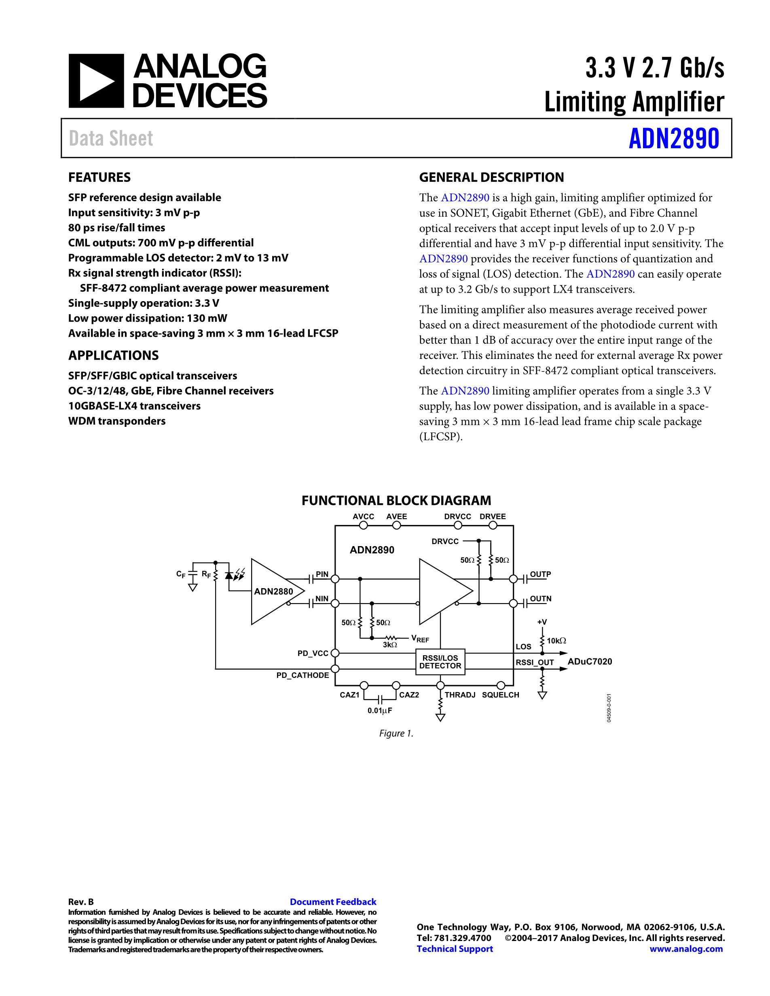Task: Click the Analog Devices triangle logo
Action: coord(96,81)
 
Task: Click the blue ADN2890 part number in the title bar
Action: coord(674,139)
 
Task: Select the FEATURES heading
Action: coord(99,177)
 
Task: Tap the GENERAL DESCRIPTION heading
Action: coord(491,177)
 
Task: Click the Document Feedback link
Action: coord(333,901)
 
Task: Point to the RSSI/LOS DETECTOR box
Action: coord(440,662)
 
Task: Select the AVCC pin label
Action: coord(363,516)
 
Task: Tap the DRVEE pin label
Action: coord(493,516)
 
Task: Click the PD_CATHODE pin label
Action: coord(302,675)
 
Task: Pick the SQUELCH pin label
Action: coord(500,695)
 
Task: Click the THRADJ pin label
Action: coord(460,695)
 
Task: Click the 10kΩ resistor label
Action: coord(556,641)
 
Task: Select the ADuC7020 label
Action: coord(590,661)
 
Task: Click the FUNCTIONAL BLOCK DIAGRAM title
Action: coord(396,500)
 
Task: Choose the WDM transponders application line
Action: coord(117,421)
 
